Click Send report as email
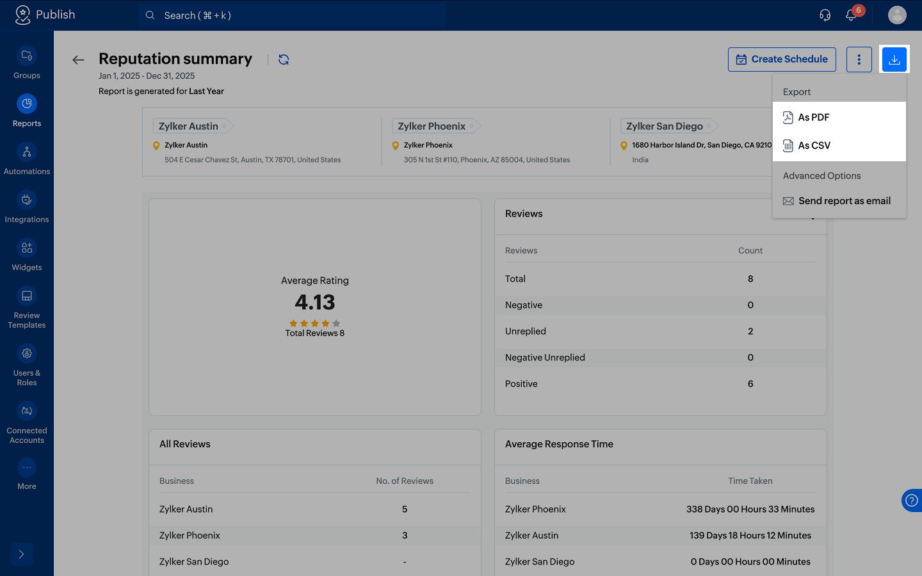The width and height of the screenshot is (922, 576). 836,201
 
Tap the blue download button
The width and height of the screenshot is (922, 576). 894,60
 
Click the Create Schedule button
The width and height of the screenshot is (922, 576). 782,60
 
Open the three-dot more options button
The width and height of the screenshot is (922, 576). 859,60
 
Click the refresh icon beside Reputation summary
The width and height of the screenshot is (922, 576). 284,60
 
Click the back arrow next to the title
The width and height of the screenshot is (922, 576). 78,60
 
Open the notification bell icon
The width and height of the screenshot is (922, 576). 850,15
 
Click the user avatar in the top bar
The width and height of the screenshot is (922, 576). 897,15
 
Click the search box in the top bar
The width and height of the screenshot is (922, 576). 291,15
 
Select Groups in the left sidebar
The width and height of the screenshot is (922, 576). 27,63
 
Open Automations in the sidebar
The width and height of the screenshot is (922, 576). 27,159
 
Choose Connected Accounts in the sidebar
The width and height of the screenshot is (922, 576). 27,423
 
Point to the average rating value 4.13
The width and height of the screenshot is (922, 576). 315,302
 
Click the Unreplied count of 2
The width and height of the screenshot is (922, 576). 750,332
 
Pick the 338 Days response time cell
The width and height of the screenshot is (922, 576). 750,509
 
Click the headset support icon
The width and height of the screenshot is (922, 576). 825,15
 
